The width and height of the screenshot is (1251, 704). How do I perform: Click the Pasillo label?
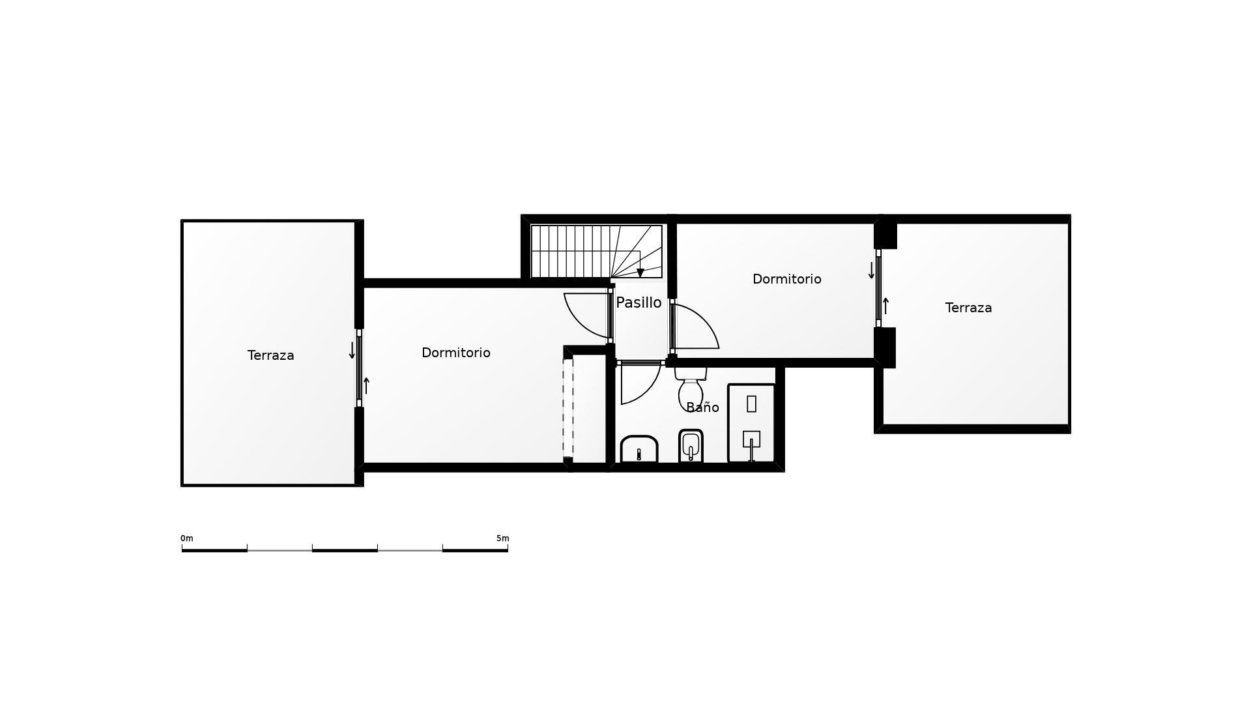[x=639, y=302]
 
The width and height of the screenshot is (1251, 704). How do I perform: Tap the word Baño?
[x=702, y=407]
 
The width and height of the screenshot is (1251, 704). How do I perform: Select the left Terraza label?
[x=270, y=355]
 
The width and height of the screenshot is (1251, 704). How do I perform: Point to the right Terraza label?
[x=968, y=308]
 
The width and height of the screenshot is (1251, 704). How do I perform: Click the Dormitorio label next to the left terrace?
[x=455, y=353]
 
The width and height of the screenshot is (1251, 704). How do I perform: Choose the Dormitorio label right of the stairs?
[x=786, y=279]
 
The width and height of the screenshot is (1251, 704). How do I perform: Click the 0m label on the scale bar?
[x=187, y=538]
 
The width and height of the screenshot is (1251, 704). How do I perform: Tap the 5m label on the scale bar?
[x=502, y=538]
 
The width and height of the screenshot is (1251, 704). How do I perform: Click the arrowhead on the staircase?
[x=640, y=273]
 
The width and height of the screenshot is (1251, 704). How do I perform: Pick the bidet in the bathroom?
[x=691, y=447]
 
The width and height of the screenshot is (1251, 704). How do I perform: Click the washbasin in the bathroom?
[x=639, y=450]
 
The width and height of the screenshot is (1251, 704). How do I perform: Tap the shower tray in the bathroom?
[x=751, y=424]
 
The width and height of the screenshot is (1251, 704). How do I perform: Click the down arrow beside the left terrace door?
[x=352, y=351]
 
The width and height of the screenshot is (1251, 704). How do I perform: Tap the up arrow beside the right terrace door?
[x=885, y=306]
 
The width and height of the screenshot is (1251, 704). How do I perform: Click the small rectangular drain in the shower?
[x=751, y=403]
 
